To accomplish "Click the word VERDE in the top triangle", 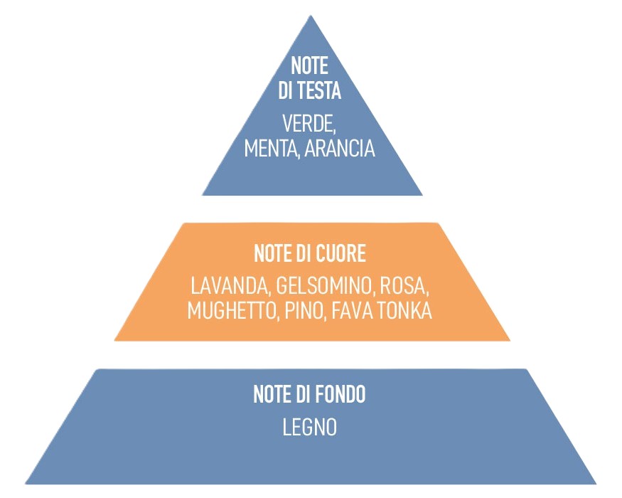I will tap(308, 124).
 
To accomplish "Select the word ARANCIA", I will tap(338, 149).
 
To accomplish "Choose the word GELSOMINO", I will tap(324, 287).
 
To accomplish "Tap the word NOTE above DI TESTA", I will tap(309, 66).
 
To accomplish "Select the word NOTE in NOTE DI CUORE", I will tap(272, 254).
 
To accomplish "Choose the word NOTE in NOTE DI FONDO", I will tap(272, 395).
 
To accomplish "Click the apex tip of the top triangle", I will tap(311, 16).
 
